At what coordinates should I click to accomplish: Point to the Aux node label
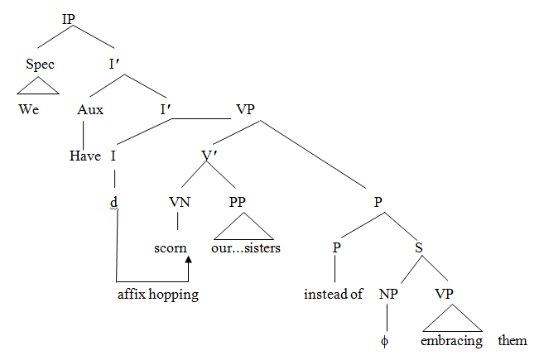coord(89,109)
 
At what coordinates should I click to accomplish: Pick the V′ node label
coord(211,154)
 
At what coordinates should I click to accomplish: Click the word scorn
coord(171,247)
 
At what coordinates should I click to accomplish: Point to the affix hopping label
coord(157,295)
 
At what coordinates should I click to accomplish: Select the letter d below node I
coord(114,201)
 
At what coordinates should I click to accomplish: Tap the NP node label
coord(389,294)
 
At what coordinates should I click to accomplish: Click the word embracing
coord(450,340)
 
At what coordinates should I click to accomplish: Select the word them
coord(513,340)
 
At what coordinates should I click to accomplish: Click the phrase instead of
coord(334,294)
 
